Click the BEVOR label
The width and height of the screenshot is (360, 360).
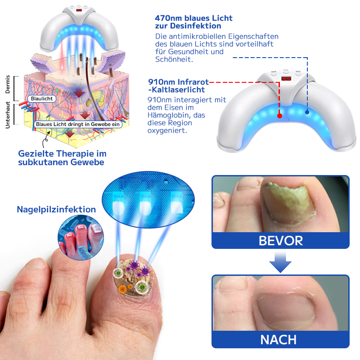click(280, 240)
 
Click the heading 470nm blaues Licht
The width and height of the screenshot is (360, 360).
click(193, 18)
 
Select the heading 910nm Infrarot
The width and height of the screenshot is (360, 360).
click(179, 82)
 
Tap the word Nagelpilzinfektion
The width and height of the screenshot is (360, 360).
click(56, 209)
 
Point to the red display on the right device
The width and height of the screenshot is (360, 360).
click(285, 78)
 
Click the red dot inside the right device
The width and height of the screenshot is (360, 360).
click(279, 116)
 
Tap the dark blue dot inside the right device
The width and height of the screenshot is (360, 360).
click(307, 112)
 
